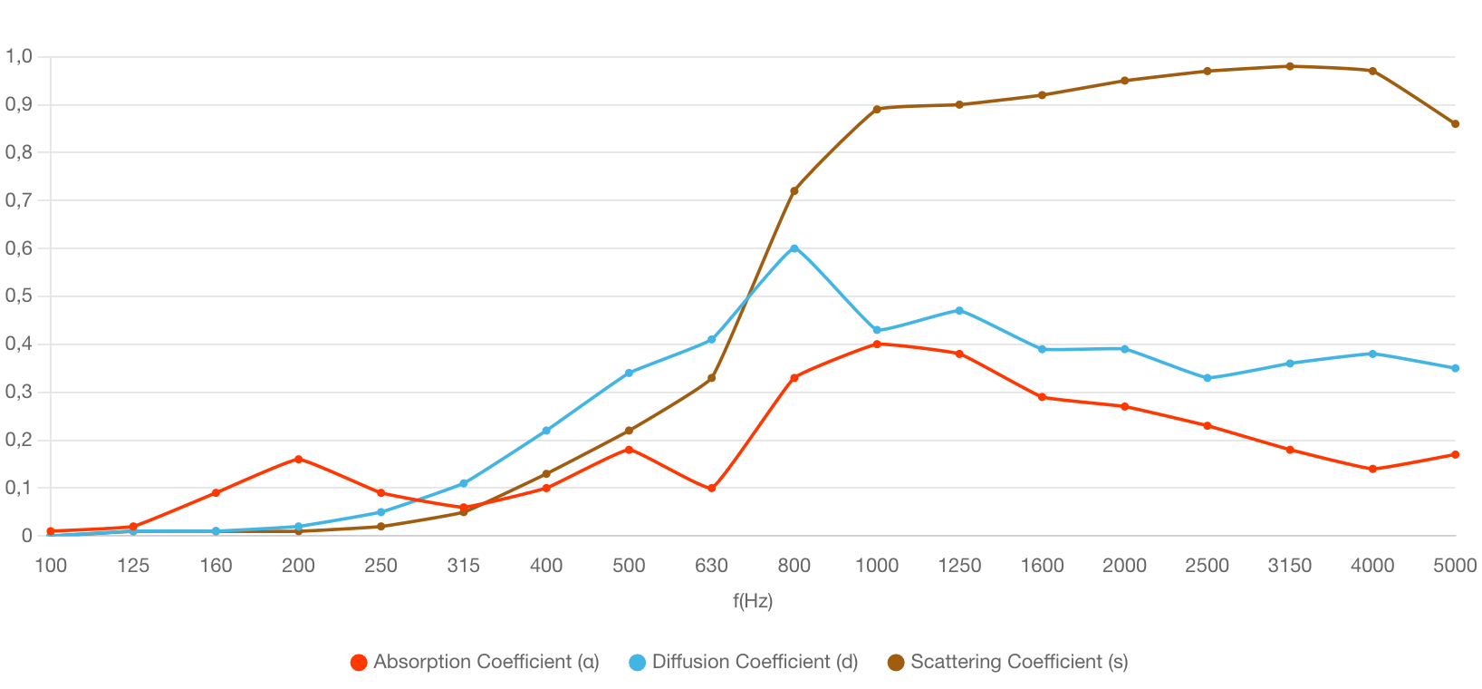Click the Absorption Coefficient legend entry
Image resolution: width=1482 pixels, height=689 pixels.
(476, 662)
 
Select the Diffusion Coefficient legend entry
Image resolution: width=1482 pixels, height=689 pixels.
(744, 662)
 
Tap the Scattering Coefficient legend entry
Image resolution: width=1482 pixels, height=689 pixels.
(1008, 662)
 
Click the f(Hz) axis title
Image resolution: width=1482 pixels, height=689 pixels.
(753, 600)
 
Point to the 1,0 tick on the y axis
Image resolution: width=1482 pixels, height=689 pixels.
(19, 56)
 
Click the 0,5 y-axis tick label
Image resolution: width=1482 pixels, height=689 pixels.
(19, 296)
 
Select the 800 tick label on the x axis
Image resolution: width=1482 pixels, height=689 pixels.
(794, 566)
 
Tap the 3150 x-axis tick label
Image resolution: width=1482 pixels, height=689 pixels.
(1290, 566)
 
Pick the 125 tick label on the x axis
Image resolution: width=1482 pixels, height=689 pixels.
(133, 566)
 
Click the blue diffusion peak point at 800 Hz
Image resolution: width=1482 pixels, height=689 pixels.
(794, 247)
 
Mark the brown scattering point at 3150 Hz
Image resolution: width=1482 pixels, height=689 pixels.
(1290, 66)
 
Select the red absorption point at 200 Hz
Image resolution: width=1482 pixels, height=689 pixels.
(298, 459)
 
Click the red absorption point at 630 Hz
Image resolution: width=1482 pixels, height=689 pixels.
(712, 489)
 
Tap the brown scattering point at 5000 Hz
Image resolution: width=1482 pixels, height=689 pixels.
(1455, 124)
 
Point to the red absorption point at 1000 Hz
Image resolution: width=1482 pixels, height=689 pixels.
(877, 344)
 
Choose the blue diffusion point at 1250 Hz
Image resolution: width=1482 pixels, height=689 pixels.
(959, 310)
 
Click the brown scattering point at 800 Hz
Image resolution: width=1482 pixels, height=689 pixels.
(794, 190)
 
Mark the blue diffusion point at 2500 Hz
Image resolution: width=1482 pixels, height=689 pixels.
(1208, 378)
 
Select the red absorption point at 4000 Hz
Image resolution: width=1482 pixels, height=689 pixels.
(1372, 469)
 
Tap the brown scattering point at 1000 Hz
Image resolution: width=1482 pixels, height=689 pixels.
(877, 109)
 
